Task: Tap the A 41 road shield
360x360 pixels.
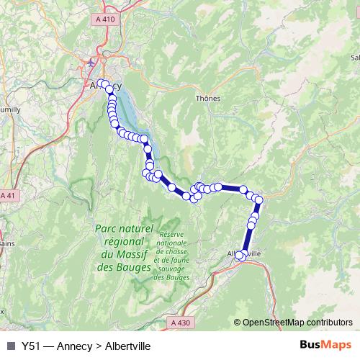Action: (7, 196)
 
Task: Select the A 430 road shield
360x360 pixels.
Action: (182, 323)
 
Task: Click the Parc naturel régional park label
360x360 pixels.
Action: (125, 228)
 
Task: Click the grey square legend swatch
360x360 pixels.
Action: (10, 346)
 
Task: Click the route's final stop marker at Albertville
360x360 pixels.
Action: (240, 255)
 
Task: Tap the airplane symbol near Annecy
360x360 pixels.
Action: (89, 63)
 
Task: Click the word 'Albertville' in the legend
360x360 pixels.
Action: (127, 346)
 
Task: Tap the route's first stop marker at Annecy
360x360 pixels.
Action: (102, 84)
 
